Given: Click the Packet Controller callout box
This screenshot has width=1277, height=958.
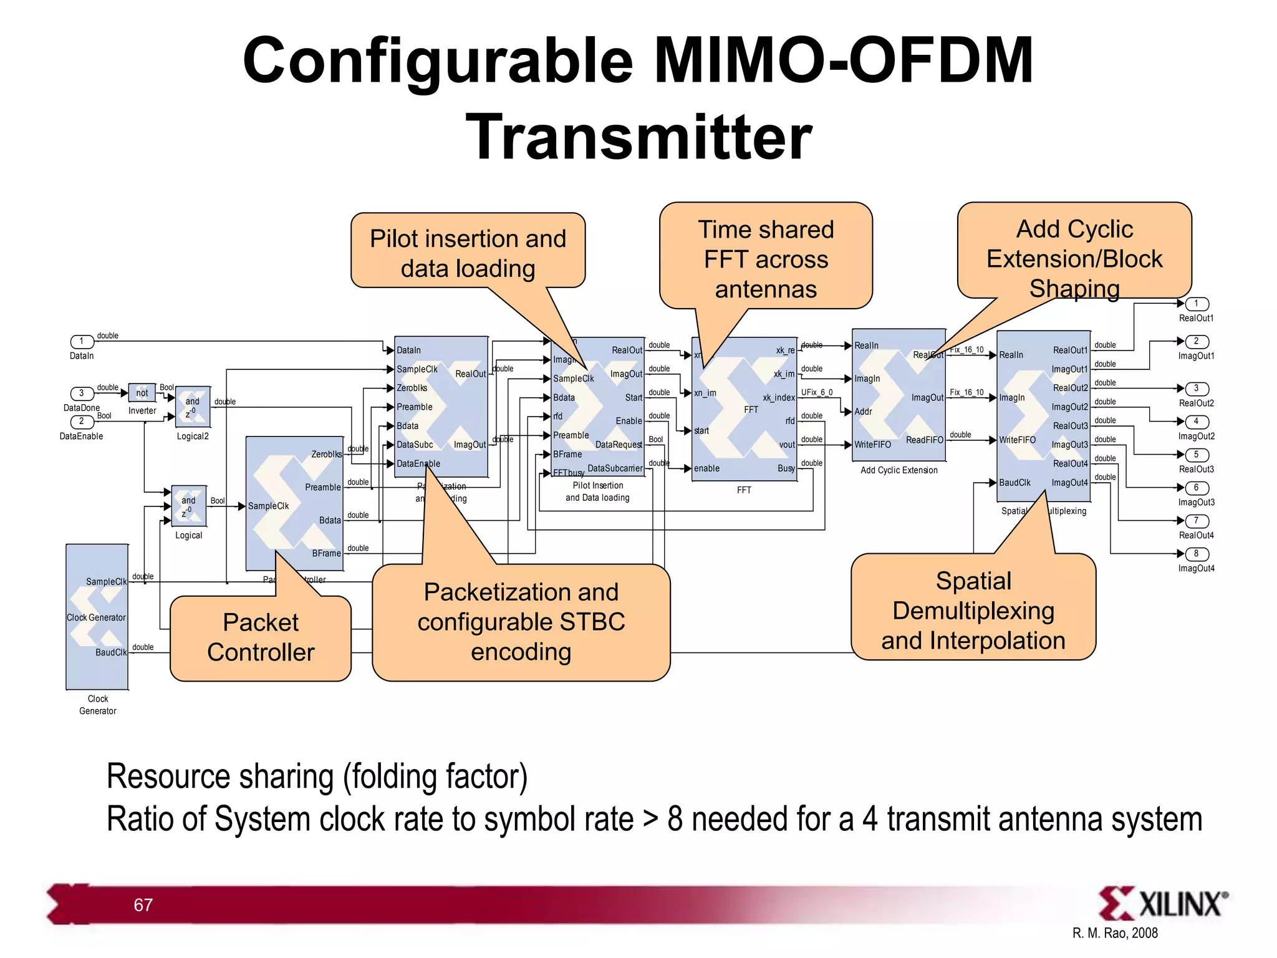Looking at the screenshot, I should (261, 637).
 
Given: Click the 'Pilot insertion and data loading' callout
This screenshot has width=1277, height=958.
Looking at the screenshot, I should (468, 253).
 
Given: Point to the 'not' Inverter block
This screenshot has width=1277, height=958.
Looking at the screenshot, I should (142, 393).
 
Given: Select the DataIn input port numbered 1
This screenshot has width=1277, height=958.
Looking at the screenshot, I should (82, 341).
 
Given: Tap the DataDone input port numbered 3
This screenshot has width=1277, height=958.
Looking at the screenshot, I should (82, 393).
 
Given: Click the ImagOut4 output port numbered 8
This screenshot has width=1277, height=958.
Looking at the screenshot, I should (1196, 554).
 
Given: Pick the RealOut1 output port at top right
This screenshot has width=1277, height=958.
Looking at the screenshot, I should (1196, 304).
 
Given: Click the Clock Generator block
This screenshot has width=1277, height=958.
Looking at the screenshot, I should (97, 616).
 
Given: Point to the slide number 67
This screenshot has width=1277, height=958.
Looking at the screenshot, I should (143, 905).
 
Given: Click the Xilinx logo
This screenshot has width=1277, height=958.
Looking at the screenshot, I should (1162, 904).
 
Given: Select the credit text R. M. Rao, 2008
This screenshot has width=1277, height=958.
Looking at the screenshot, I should (1115, 933).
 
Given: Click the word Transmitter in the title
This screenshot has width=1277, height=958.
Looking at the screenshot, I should (638, 137).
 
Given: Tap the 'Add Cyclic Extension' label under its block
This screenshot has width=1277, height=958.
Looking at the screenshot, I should (899, 470).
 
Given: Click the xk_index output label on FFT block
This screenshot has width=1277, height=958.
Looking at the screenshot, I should (779, 398).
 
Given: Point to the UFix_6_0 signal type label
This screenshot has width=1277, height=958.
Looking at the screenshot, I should (816, 392).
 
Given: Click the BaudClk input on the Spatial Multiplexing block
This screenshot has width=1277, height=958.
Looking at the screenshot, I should (1014, 483).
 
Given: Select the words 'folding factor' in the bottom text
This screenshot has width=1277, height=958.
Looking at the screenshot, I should (436, 777).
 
